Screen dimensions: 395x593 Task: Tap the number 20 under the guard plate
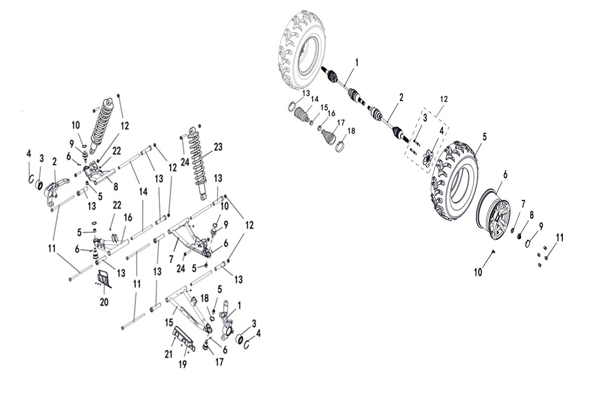tap(104, 302)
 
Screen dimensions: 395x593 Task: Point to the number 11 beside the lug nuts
tap(559, 237)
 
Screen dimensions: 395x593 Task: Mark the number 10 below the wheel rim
tap(478, 272)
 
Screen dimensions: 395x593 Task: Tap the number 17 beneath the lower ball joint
tap(219, 362)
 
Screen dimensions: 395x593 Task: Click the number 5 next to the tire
tap(485, 137)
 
